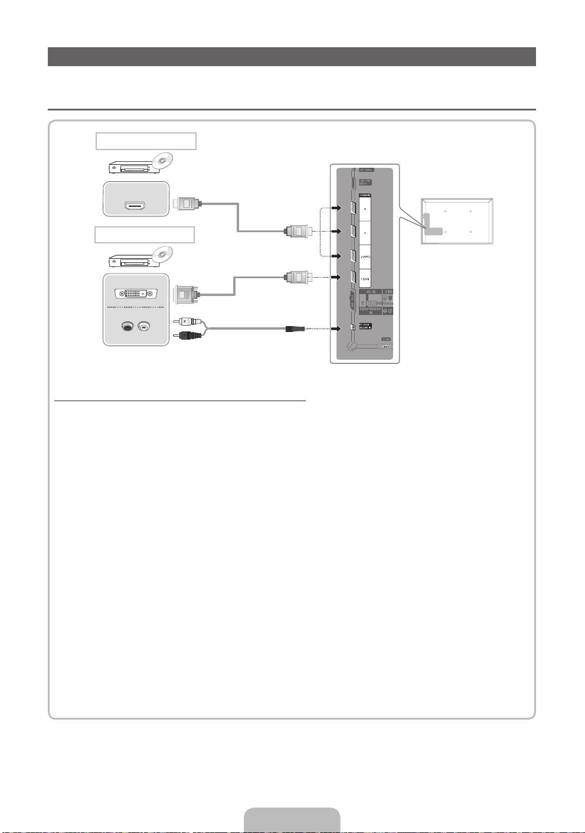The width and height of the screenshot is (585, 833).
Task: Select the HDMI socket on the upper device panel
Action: click(x=136, y=206)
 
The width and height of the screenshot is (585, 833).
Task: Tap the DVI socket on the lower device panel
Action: click(x=136, y=293)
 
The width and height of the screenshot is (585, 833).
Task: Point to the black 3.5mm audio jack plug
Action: click(x=295, y=329)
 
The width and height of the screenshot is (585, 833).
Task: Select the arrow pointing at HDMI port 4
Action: click(x=336, y=208)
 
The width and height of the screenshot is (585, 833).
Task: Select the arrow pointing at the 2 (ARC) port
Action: click(x=336, y=256)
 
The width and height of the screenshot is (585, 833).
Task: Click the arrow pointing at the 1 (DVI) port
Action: click(x=336, y=277)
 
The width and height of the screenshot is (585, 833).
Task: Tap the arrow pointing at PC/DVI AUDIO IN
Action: click(x=336, y=329)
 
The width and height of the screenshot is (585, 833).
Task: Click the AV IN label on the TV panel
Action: click(x=370, y=292)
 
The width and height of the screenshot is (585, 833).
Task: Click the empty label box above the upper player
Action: click(x=146, y=142)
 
